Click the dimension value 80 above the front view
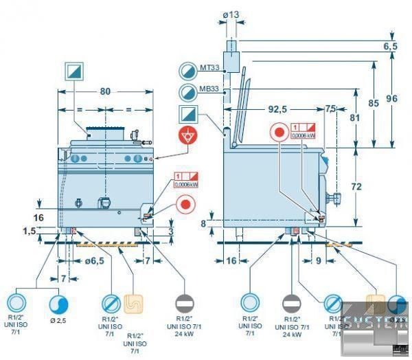[105, 91]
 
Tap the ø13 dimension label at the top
[231, 14]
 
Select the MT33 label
[209, 68]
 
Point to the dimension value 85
[373, 103]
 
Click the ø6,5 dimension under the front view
[93, 262]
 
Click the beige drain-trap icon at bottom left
[133, 302]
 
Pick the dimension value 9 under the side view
[319, 261]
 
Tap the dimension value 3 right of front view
[170, 232]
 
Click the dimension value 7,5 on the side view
[330, 109]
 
